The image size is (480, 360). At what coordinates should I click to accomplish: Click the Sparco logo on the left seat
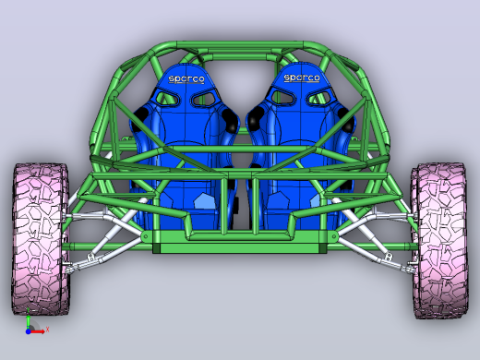coord(186,79)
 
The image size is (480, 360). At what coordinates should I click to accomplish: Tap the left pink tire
coord(40,239)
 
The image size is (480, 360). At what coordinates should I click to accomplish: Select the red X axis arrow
coord(38,331)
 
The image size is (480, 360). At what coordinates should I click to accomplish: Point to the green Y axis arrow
coord(28,318)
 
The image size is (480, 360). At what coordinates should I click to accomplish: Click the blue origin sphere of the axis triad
coord(28,331)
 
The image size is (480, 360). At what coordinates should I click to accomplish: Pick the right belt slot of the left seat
coord(204,99)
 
